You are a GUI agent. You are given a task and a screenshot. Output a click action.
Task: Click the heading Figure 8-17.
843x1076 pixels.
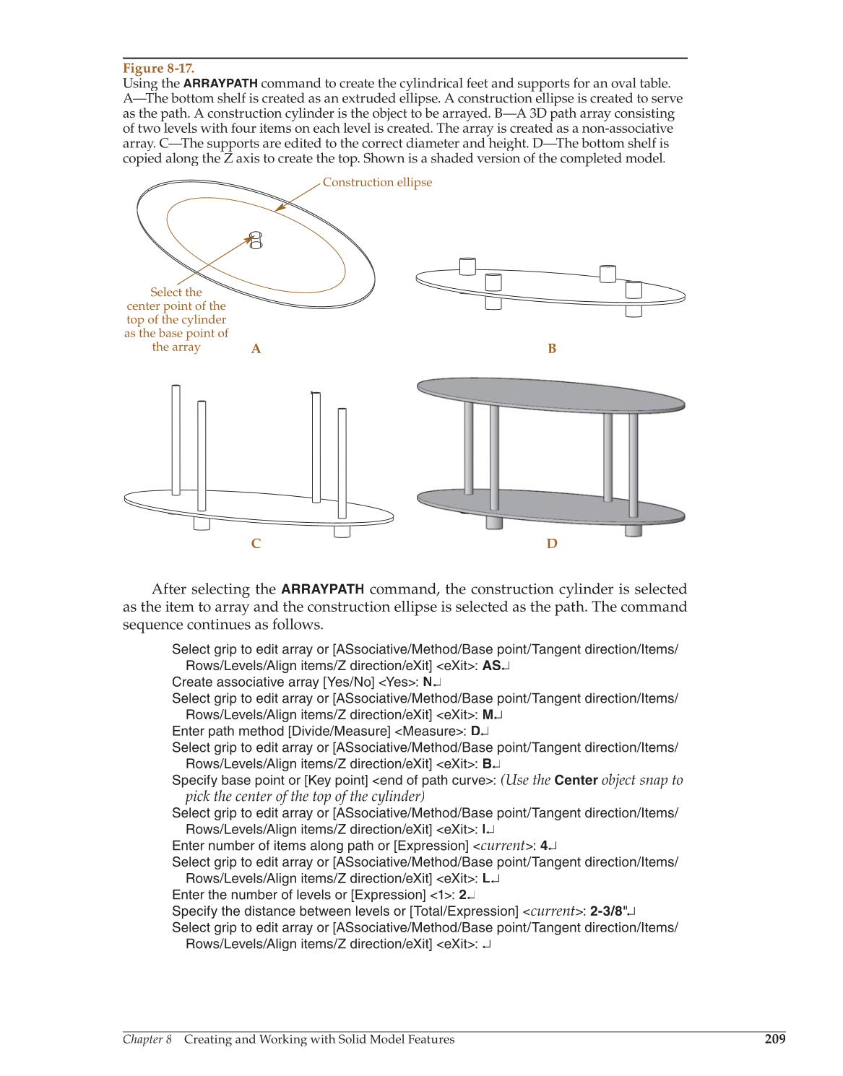[158, 69]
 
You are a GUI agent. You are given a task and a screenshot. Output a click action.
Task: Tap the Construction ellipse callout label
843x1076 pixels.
[377, 183]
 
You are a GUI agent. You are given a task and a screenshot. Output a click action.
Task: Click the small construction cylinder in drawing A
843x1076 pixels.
[256, 240]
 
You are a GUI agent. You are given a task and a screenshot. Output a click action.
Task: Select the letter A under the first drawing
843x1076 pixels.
[256, 349]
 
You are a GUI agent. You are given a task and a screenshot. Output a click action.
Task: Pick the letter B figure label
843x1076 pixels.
[552, 349]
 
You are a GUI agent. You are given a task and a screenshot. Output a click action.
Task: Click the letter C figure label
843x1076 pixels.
[256, 544]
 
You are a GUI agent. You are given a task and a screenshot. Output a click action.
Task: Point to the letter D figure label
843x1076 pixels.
[552, 544]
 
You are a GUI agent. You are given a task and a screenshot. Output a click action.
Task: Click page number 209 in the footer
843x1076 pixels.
[774, 1039]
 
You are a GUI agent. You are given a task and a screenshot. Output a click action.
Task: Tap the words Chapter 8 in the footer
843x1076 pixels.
[147, 1039]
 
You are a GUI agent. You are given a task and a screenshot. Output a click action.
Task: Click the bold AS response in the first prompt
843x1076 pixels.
[491, 666]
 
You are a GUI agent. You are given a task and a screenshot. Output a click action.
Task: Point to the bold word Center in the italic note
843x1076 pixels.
[576, 781]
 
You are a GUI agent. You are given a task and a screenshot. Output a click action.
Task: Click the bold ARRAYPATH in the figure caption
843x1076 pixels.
[220, 84]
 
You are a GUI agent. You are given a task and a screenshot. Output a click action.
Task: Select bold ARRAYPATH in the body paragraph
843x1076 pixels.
[322, 589]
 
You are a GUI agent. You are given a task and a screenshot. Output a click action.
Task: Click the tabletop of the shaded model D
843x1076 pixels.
[550, 394]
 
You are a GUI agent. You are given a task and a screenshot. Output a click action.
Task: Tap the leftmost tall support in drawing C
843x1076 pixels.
[176, 441]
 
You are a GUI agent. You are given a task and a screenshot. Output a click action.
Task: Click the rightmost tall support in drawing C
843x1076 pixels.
[342, 462]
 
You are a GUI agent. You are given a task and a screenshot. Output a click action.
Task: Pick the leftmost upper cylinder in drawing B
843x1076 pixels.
[467, 266]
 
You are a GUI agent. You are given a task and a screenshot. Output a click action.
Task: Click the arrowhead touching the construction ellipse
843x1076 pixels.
[280, 209]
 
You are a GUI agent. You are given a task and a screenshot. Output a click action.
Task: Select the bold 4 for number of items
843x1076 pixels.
[544, 846]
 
